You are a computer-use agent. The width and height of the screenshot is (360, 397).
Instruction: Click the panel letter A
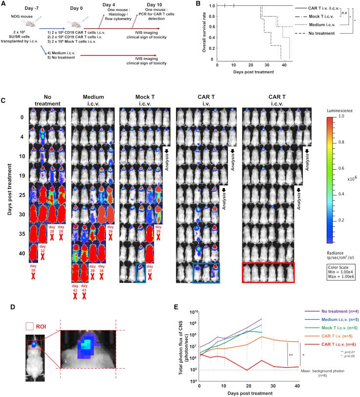[4, 4]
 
